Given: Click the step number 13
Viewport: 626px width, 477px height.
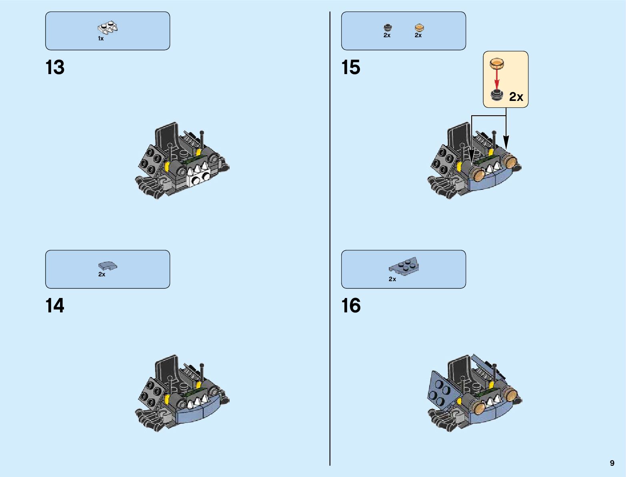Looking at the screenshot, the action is point(55,67).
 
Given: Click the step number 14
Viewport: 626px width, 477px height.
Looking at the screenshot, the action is point(55,306).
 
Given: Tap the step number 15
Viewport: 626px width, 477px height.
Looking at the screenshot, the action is point(351,67).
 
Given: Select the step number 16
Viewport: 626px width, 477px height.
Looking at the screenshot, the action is point(351,306).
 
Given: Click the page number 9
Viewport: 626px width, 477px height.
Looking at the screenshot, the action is point(612,463).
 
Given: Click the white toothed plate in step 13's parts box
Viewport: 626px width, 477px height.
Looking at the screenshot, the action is point(108,28).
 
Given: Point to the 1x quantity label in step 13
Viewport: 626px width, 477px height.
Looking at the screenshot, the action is point(101,38).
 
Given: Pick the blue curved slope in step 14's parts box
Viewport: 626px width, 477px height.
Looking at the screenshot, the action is point(108,266).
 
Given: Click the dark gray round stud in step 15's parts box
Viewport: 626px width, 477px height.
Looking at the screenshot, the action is point(387,28).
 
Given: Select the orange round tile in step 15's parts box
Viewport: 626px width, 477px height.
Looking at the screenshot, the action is point(419,28).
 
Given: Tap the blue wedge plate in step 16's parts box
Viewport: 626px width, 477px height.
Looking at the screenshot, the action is point(404,266).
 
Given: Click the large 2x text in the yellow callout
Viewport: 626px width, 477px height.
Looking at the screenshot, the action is point(516,97).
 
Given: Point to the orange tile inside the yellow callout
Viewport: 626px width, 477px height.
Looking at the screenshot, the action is point(497,63).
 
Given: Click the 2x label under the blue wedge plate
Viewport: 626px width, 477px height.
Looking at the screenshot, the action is point(392,279).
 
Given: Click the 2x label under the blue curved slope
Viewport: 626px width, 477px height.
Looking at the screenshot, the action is point(102,274).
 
